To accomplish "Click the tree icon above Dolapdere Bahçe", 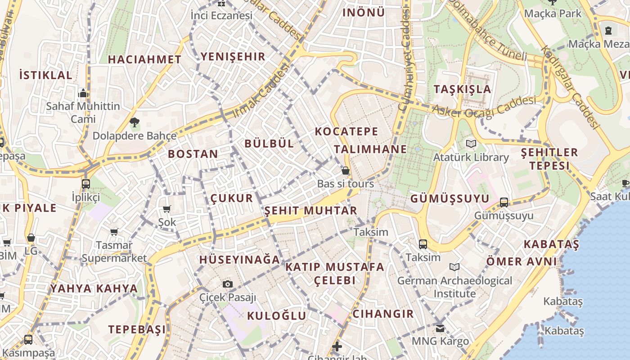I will click(x=134, y=122).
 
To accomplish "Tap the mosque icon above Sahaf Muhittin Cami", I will click(x=83, y=93).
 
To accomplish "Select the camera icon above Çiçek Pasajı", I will click(x=228, y=284).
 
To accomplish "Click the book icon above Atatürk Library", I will click(x=471, y=144).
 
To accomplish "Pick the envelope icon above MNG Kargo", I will click(x=440, y=328).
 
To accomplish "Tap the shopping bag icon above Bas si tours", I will click(x=346, y=171).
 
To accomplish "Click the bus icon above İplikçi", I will click(x=85, y=184).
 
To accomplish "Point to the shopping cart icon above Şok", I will click(x=167, y=209).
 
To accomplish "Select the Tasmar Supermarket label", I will click(x=114, y=252).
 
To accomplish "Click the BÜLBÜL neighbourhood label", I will click(x=269, y=144).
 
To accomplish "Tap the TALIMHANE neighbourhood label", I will click(x=370, y=149).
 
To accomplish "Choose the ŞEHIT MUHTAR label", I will click(x=310, y=211).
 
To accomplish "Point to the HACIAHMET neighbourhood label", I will click(x=144, y=59).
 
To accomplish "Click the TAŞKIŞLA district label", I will click(x=462, y=89).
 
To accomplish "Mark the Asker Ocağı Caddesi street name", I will click(x=484, y=106).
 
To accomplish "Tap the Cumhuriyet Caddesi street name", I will click(x=405, y=61).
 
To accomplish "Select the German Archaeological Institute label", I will click(x=454, y=287).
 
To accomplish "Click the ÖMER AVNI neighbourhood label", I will click(x=522, y=261).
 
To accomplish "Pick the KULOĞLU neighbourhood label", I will click(x=277, y=315).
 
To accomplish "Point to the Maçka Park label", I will click(x=553, y=13).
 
